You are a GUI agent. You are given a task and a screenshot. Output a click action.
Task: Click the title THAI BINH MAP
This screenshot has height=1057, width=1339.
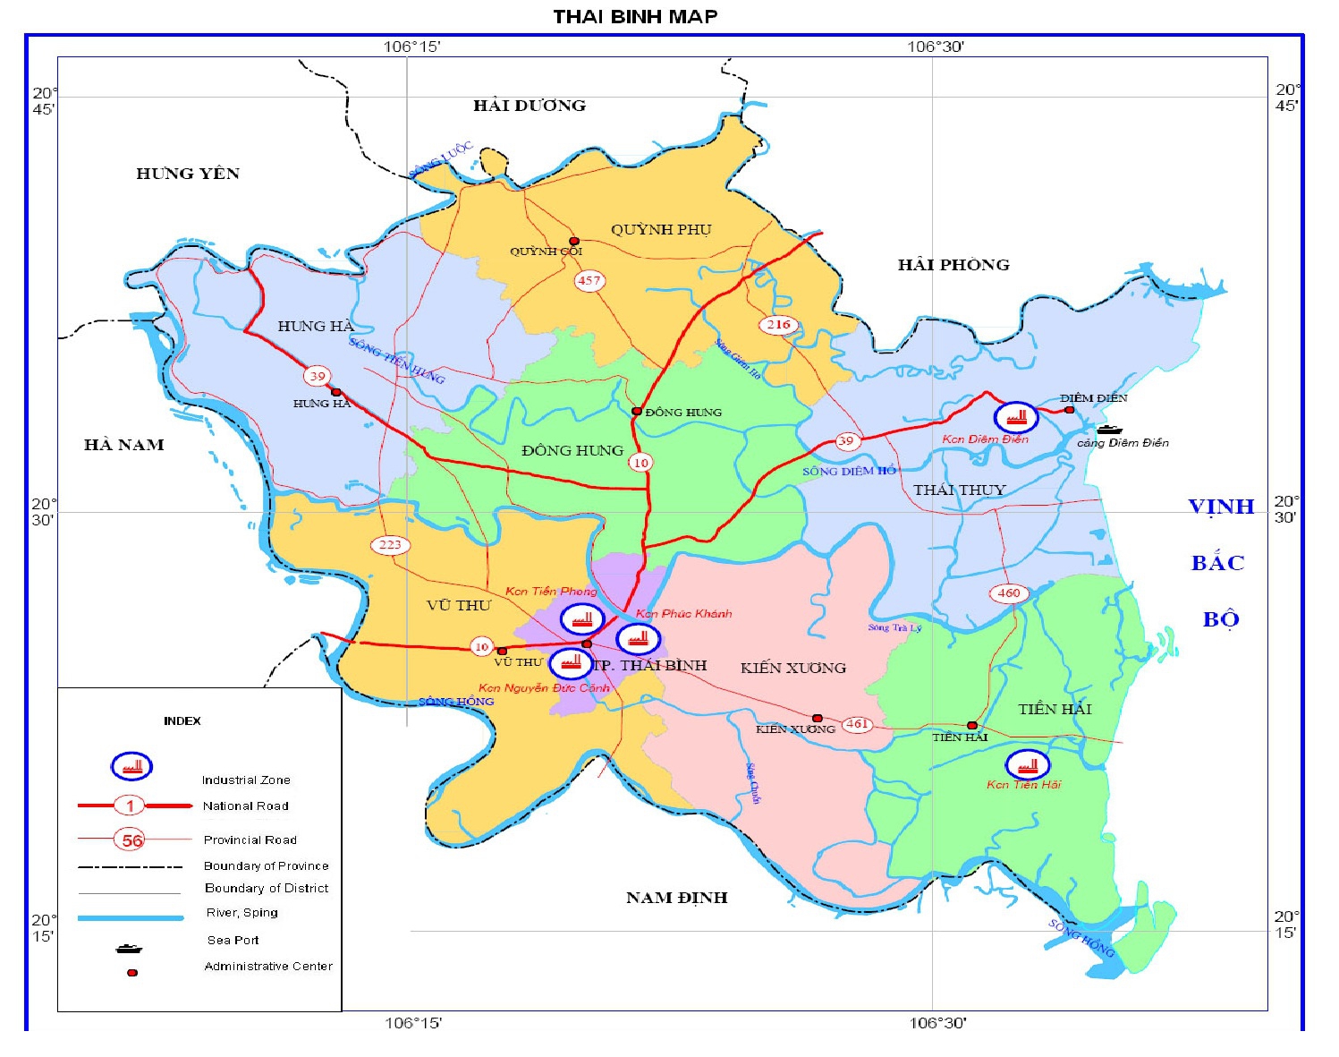[x=635, y=16]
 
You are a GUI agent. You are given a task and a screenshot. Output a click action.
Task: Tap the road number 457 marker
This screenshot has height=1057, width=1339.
[x=589, y=280]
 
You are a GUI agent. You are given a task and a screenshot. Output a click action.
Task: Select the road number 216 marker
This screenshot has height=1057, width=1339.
[x=778, y=325]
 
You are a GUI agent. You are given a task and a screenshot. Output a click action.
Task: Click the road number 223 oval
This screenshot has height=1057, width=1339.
[x=390, y=544]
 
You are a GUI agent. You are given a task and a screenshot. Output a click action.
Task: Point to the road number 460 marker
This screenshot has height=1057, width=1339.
[x=1008, y=592]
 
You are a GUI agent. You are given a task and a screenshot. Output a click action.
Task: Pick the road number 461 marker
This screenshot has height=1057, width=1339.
[x=857, y=724]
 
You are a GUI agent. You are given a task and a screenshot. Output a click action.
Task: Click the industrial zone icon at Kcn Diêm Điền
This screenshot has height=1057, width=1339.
[x=1016, y=417]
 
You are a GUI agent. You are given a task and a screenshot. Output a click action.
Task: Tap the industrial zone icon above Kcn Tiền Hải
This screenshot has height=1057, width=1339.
[x=1028, y=765]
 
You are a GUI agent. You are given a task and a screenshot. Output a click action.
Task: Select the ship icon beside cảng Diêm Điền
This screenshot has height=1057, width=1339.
[x=1109, y=430]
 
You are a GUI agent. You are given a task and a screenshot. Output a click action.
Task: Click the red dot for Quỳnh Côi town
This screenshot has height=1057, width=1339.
[x=574, y=241]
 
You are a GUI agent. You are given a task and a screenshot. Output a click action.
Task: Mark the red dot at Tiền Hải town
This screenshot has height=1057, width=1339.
[x=972, y=726]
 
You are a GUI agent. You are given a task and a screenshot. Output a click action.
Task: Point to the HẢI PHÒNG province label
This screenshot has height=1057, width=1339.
[x=953, y=265]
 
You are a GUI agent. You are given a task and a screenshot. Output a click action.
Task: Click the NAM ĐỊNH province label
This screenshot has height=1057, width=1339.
[x=676, y=898]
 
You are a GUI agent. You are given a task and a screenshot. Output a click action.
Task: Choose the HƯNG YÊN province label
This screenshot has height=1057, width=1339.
[x=188, y=174]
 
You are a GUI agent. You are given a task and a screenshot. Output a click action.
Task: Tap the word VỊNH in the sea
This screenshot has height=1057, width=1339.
[x=1221, y=507]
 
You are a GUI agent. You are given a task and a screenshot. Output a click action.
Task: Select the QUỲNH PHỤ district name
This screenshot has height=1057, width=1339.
[x=661, y=229]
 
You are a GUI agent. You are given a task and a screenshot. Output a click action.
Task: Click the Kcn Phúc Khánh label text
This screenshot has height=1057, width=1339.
[x=683, y=614]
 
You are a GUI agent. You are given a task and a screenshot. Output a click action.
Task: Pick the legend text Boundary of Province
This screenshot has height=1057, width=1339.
[x=266, y=865]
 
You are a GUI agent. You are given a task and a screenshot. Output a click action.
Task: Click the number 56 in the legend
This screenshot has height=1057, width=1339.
[x=131, y=840]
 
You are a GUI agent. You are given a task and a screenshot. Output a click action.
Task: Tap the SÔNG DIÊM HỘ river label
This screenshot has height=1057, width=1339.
[x=849, y=471]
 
